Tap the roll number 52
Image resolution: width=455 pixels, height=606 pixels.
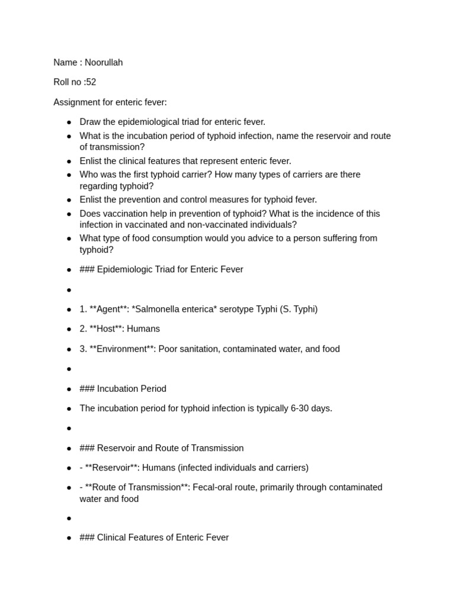point(91,82)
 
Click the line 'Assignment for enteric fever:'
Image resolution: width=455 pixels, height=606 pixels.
point(110,102)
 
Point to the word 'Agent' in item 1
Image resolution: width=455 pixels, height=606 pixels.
point(108,310)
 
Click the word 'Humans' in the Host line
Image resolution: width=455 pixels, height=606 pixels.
point(144,329)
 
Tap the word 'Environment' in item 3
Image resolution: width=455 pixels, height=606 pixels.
point(121,349)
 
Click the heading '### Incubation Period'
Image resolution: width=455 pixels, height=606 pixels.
point(123,389)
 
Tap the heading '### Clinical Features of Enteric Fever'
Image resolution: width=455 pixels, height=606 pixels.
point(154,538)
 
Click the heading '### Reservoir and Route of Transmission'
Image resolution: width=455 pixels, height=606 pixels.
point(161,449)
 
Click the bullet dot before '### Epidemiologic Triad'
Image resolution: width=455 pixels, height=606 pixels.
point(69,270)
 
